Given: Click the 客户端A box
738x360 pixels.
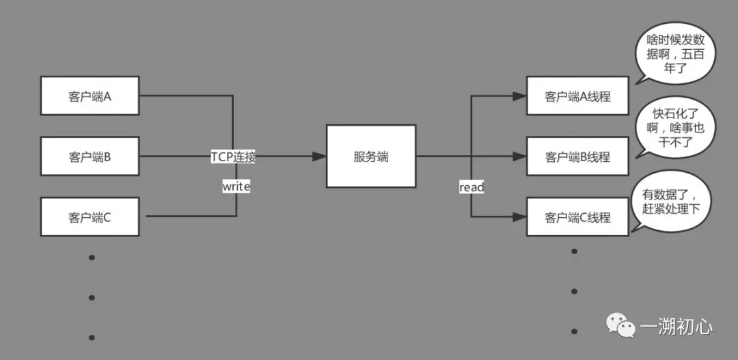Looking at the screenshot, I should (90, 96).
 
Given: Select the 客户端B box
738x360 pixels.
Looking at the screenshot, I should (90, 156).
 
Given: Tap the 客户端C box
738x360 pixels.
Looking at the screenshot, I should (90, 217).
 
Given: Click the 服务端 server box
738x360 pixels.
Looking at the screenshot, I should (371, 156).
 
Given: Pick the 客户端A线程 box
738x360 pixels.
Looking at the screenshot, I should (577, 96).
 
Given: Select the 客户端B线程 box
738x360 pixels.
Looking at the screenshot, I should (577, 156).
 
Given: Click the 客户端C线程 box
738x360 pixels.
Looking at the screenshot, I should (577, 217).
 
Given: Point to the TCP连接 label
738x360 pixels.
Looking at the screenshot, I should (233, 156).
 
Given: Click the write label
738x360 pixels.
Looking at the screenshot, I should (236, 186).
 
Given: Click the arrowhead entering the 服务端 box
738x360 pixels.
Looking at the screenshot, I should (319, 156).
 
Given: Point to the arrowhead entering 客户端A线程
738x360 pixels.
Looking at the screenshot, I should (520, 96).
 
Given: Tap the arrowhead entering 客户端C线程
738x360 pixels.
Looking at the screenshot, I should (520, 217).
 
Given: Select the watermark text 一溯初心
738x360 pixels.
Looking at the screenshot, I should (676, 327).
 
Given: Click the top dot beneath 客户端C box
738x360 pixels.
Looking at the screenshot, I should (92, 258).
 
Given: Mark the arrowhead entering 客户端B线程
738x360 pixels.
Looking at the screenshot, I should (520, 156).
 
